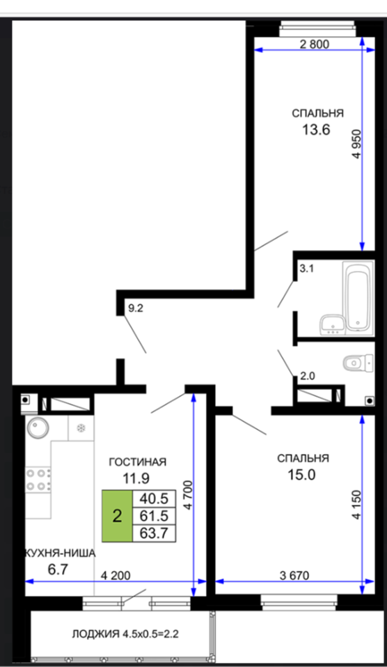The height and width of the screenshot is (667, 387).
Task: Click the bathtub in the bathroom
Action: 358,296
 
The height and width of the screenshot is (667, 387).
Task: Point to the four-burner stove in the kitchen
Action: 38,479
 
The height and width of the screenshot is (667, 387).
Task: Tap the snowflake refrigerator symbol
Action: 80,428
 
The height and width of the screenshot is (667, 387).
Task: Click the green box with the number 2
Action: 117,516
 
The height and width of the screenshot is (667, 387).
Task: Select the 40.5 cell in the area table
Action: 154,499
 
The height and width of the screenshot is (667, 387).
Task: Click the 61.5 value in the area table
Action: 154,516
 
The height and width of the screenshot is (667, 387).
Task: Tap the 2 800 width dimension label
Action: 315,44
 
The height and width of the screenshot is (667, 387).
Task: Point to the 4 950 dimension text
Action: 356,144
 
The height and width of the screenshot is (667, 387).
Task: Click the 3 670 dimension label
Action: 294,576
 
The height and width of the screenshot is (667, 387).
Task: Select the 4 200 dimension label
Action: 116,576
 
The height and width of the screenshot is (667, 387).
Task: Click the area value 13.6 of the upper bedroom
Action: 316,130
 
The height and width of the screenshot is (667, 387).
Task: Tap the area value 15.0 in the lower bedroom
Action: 301,474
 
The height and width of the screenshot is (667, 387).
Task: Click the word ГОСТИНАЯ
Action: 137,462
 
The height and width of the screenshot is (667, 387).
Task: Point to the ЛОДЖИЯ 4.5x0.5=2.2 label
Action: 125,634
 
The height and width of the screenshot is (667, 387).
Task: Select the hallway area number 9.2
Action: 136,308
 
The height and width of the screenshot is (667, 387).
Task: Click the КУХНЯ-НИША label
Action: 60,553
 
